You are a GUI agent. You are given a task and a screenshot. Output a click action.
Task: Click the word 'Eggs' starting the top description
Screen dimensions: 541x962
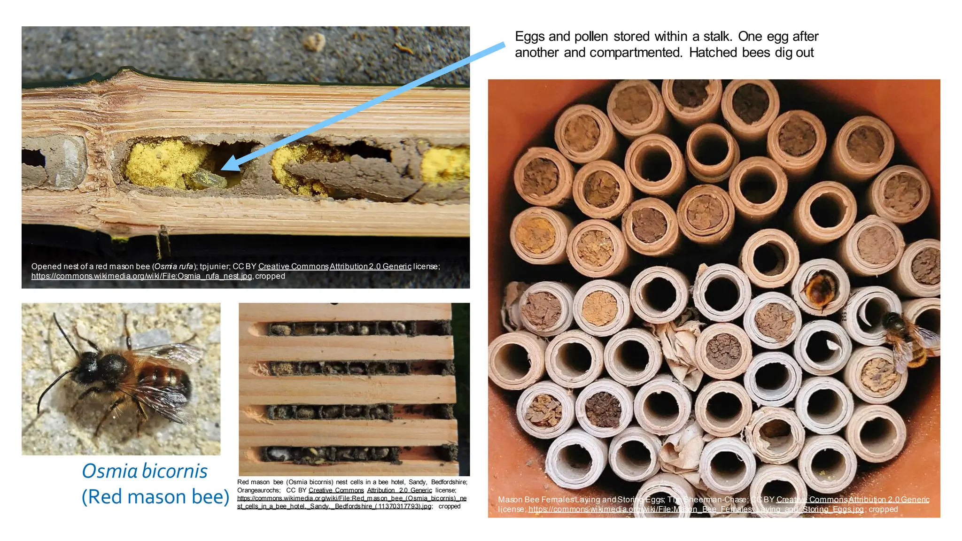[529, 37]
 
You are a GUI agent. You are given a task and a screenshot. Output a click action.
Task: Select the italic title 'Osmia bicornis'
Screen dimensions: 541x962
[145, 471]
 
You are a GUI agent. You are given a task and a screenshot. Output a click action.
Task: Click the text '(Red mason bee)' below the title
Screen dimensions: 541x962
[155, 497]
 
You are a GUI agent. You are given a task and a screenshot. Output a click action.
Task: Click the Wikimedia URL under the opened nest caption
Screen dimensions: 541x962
[141, 276]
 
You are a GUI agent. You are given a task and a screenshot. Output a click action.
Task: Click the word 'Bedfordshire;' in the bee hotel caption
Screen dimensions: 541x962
[449, 482]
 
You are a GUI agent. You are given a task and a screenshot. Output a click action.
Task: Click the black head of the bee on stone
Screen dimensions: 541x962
[87, 364]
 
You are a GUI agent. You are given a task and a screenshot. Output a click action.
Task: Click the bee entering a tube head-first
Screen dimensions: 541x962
[820, 289]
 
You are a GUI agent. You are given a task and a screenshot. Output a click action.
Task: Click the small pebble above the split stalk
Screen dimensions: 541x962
[314, 42]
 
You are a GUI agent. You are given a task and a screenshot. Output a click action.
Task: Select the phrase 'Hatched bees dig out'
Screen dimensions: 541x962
[751, 53]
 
